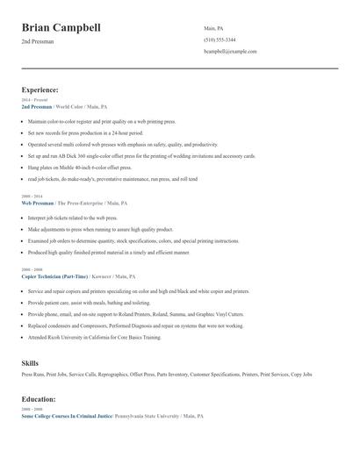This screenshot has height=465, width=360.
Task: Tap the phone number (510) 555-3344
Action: pyautogui.click(x=219, y=39)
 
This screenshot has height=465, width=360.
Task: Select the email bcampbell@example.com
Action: pyautogui.click(x=230, y=52)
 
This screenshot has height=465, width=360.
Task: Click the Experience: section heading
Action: pyautogui.click(x=40, y=89)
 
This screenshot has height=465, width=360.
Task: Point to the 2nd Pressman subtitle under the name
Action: pyautogui.click(x=38, y=42)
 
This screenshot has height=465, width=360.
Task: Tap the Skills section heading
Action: pyautogui.click(x=30, y=361)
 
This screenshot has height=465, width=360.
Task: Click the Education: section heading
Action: pyautogui.click(x=39, y=398)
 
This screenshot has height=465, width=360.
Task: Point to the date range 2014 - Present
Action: pyautogui.click(x=34, y=100)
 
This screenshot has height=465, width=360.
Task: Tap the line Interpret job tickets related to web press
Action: pyautogui.click(x=72, y=217)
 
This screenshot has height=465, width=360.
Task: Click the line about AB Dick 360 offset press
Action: pyautogui.click(x=140, y=155)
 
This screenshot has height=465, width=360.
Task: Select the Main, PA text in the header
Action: pyautogui.click(x=215, y=27)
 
